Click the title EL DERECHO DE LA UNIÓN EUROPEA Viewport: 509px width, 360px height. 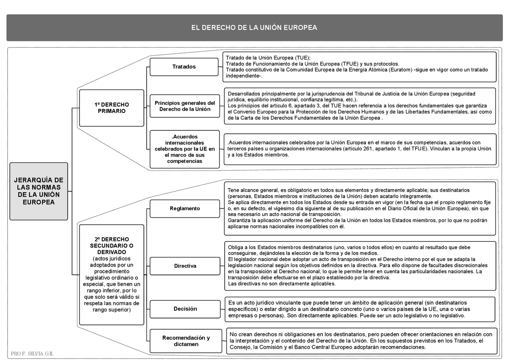pyautogui.click(x=254, y=28)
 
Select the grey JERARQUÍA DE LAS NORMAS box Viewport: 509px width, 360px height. pyautogui.click(x=39, y=191)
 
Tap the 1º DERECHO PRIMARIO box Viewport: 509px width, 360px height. pyautogui.click(x=111, y=108)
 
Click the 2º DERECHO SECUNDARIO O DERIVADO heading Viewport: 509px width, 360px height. pyautogui.click(x=111, y=245)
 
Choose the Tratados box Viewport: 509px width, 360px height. pyautogui.click(x=184, y=67)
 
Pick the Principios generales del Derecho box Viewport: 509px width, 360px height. pyautogui.click(x=185, y=106)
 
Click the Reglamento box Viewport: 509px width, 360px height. pyautogui.click(x=185, y=208)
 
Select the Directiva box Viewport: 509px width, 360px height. pyautogui.click(x=185, y=266)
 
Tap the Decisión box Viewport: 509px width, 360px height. pyautogui.click(x=185, y=309)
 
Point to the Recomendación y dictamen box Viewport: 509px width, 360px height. pyautogui.click(x=186, y=341)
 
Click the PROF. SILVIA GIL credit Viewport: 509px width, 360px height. pyautogui.click(x=32, y=354)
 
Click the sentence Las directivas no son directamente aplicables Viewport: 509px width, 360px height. pyautogui.click(x=282, y=284)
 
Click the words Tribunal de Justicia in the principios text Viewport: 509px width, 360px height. pyautogui.click(x=369, y=93)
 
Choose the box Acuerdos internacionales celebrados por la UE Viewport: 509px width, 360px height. pyautogui.click(x=185, y=149)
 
